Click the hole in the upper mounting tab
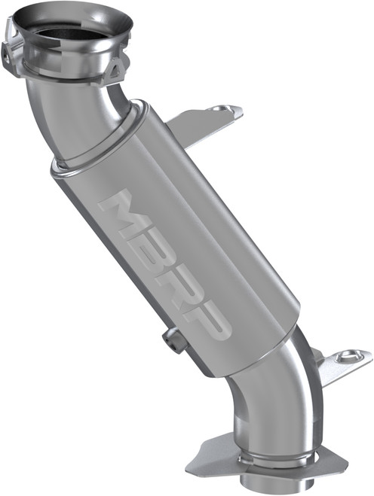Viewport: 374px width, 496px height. click(x=219, y=110)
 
